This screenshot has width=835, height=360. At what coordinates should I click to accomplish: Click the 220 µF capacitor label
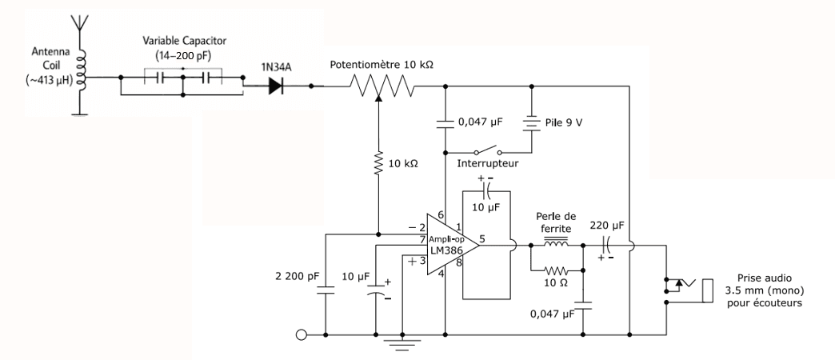[x=606, y=226]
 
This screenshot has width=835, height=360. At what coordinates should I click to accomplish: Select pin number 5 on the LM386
[x=482, y=238]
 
